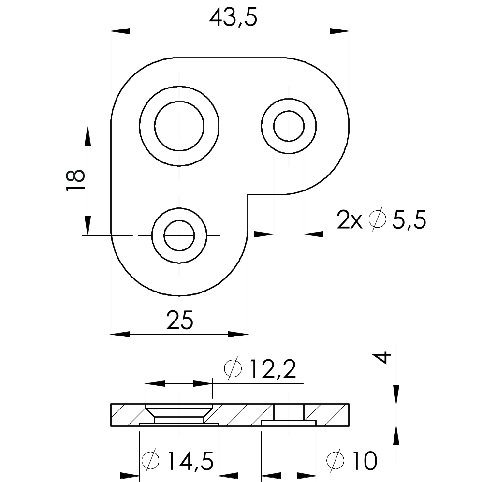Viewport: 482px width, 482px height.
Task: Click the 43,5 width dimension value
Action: pyautogui.click(x=233, y=18)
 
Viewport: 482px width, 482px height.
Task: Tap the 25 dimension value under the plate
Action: pyautogui.click(x=180, y=320)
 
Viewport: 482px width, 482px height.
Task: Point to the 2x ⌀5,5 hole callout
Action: pyautogui.click(x=381, y=219)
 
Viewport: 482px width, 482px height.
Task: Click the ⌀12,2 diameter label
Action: pyautogui.click(x=260, y=368)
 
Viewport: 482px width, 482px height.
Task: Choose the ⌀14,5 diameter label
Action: pyautogui.click(x=177, y=461)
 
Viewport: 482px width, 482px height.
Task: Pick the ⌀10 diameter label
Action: pyautogui.click(x=351, y=461)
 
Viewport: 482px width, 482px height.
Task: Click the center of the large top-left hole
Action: pyautogui.click(x=179, y=126)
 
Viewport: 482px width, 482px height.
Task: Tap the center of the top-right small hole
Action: pyautogui.click(x=289, y=126)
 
